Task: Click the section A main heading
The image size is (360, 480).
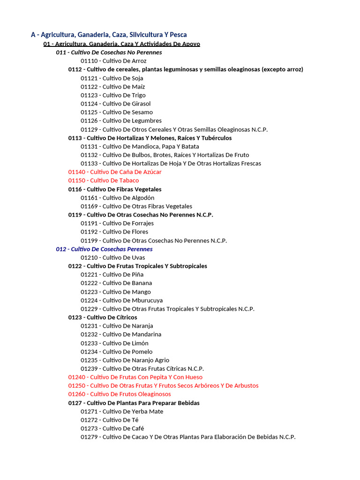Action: click(109, 35)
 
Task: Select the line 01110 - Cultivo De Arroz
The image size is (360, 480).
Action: click(113, 61)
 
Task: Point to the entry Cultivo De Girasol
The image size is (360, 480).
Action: click(115, 104)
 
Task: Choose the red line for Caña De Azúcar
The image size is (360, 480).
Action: click(115, 172)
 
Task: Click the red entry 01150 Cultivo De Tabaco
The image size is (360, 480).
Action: click(103, 180)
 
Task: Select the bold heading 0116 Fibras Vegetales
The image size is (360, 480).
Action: click(115, 189)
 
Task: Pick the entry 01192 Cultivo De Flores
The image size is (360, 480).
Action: click(114, 232)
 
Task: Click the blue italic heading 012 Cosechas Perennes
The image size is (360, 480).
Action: click(104, 249)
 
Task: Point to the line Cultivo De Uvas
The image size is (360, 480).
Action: click(113, 257)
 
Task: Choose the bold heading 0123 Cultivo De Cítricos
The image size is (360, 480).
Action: click(103, 317)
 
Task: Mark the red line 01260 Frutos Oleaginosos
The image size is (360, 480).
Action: click(120, 394)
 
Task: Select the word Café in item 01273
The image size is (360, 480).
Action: click(138, 428)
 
